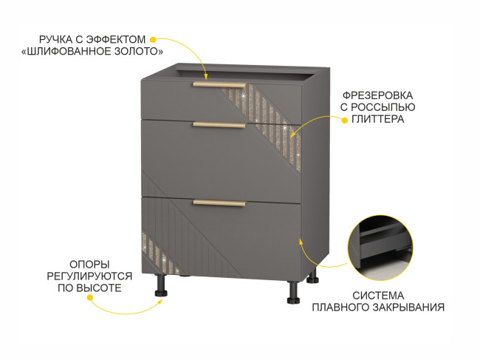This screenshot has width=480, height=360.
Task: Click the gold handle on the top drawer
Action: click(x=219, y=85)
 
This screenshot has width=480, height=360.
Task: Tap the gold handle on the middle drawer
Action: click(x=219, y=125)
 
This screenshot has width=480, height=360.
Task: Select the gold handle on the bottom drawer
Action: click(x=219, y=203)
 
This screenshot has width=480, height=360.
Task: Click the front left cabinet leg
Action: click(x=161, y=285)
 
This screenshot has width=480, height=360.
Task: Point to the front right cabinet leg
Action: click(x=293, y=292)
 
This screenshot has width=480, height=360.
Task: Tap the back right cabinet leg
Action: click(x=312, y=276)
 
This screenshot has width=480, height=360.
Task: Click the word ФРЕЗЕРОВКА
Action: click(x=377, y=95)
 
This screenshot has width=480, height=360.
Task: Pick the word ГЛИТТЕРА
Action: click(x=378, y=119)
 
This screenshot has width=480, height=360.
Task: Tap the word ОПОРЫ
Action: click(x=89, y=265)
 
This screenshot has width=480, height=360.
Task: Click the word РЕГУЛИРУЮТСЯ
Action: click(x=89, y=276)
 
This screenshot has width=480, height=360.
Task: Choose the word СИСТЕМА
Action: click(x=378, y=296)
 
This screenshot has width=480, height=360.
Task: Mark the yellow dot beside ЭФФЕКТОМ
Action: click(x=154, y=39)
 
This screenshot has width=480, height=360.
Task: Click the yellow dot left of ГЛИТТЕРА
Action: click(x=345, y=120)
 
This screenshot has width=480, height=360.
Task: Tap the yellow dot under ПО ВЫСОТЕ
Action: click(x=89, y=298)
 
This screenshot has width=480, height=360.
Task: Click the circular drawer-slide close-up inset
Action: click(x=380, y=248)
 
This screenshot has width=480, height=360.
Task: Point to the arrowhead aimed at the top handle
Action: click(x=206, y=76)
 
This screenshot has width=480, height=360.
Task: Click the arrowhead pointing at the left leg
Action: click(x=160, y=302)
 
